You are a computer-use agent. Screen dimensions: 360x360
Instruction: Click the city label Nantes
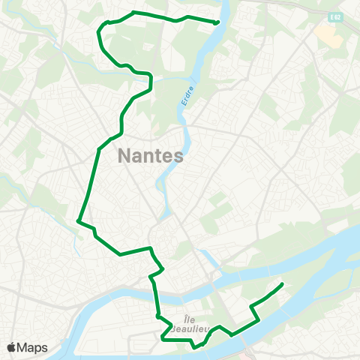151,157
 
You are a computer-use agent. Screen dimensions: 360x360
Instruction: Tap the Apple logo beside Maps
11,347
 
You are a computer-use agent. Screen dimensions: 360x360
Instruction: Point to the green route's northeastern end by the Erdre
216,22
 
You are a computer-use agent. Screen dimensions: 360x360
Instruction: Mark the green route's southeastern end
282,283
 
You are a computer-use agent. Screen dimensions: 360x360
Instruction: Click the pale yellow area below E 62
327,31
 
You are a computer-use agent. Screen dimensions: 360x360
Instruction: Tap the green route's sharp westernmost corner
79,220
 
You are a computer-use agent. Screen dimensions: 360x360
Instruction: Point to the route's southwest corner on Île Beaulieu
162,339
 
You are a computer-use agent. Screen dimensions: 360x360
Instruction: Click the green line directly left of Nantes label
97,157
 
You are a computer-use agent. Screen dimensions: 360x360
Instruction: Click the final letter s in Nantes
178,157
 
